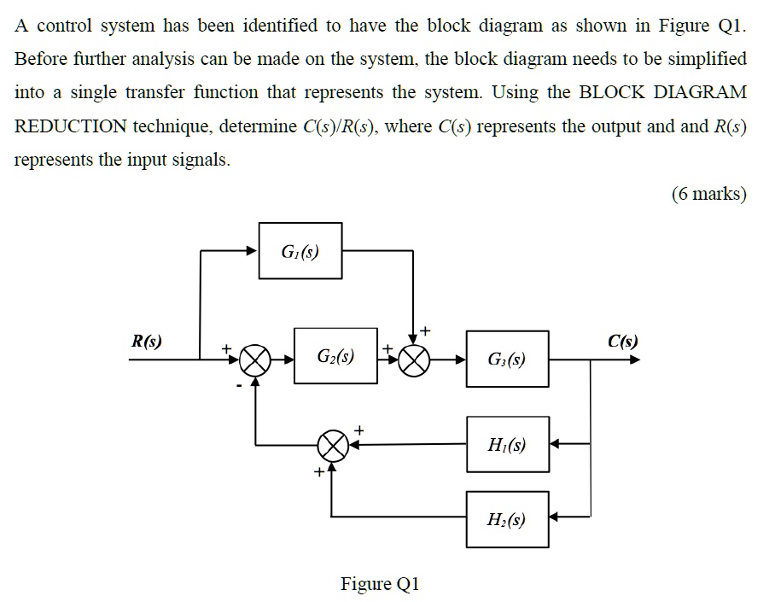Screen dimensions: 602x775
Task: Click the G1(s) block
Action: coord(300,250)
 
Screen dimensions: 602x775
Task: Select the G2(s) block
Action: coord(336,354)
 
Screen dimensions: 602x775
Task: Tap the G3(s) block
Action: coord(507,359)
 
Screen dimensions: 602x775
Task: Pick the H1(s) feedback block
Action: coord(507,444)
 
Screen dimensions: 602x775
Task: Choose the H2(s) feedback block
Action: coord(507,518)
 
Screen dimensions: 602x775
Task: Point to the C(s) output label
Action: coord(622,342)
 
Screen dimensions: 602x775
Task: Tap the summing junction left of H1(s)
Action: coord(333,444)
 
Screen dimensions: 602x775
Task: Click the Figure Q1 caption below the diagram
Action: coord(380,584)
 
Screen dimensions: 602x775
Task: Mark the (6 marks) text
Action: coord(708,194)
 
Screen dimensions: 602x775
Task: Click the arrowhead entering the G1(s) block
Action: coord(253,251)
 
